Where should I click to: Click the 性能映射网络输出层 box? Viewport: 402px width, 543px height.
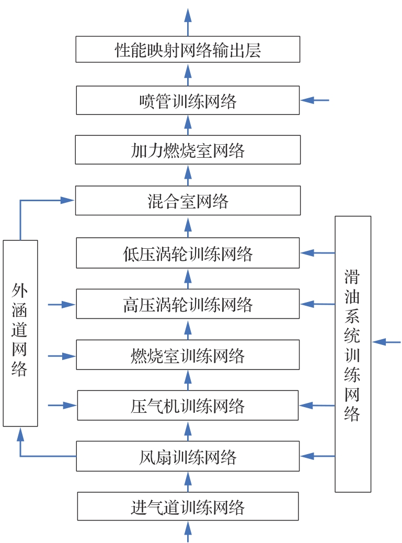pyautogui.click(x=188, y=49)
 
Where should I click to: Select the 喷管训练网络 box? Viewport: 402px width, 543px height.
pyautogui.click(x=188, y=100)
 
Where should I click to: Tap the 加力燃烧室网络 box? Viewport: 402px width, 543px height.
pyautogui.click(x=188, y=150)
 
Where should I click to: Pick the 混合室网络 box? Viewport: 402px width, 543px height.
pyautogui.click(x=188, y=201)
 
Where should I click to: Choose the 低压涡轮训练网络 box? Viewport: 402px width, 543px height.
pyautogui.click(x=188, y=253)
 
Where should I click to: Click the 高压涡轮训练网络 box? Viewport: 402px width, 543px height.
pyautogui.click(x=188, y=304)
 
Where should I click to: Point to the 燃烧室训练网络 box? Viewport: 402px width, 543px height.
pyautogui.click(x=188, y=355)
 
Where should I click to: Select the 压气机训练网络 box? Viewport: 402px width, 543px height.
pyautogui.click(x=188, y=405)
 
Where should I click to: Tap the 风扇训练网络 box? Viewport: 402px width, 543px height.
pyautogui.click(x=188, y=456)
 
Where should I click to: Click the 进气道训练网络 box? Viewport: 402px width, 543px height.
pyautogui.click(x=188, y=506)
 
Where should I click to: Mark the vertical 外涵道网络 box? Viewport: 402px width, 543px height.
pyautogui.click(x=20, y=333)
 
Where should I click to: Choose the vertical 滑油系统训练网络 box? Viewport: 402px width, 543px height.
pyautogui.click(x=353, y=354)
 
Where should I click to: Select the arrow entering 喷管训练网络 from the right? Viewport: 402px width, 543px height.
pyautogui.click(x=315, y=100)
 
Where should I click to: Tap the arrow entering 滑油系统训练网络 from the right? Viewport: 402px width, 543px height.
pyautogui.click(x=386, y=342)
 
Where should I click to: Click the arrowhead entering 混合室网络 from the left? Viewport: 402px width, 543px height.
pyautogui.click(x=67, y=200)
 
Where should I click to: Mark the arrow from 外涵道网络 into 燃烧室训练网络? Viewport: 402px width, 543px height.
pyautogui.click(x=62, y=356)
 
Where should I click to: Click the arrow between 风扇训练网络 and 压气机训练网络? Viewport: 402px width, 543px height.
pyautogui.click(x=188, y=431)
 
